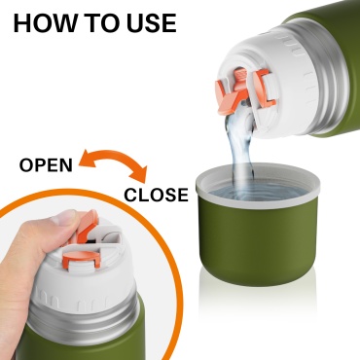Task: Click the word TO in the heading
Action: pyautogui.click(x=103, y=23)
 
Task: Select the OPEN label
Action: pyautogui.click(x=46, y=165)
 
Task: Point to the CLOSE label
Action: pyautogui.click(x=157, y=195)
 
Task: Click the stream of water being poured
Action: pyautogui.click(x=240, y=149)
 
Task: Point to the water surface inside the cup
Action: pyautogui.click(x=258, y=192)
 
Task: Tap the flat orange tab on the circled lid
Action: pyautogui.click(x=82, y=259)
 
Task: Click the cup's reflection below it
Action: pyautogui.click(x=258, y=302)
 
